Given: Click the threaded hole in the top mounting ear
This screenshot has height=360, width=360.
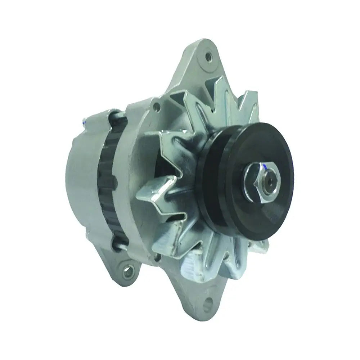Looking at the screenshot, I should click(x=208, y=55).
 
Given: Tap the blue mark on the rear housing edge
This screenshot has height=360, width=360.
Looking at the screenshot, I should click(x=84, y=122).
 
